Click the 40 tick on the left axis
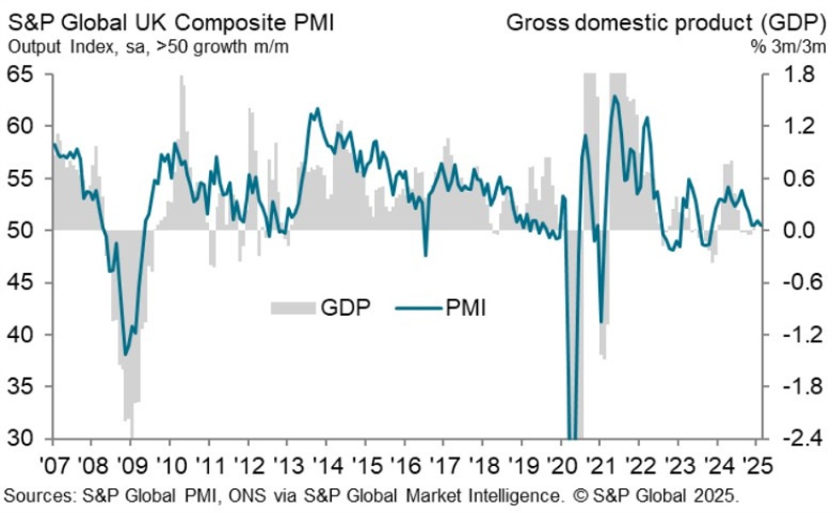[x=24, y=335]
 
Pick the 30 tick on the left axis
[x=24, y=439]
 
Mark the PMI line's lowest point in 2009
[x=126, y=354]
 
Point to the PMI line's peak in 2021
[x=615, y=96]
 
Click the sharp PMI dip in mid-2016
[x=425, y=254]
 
